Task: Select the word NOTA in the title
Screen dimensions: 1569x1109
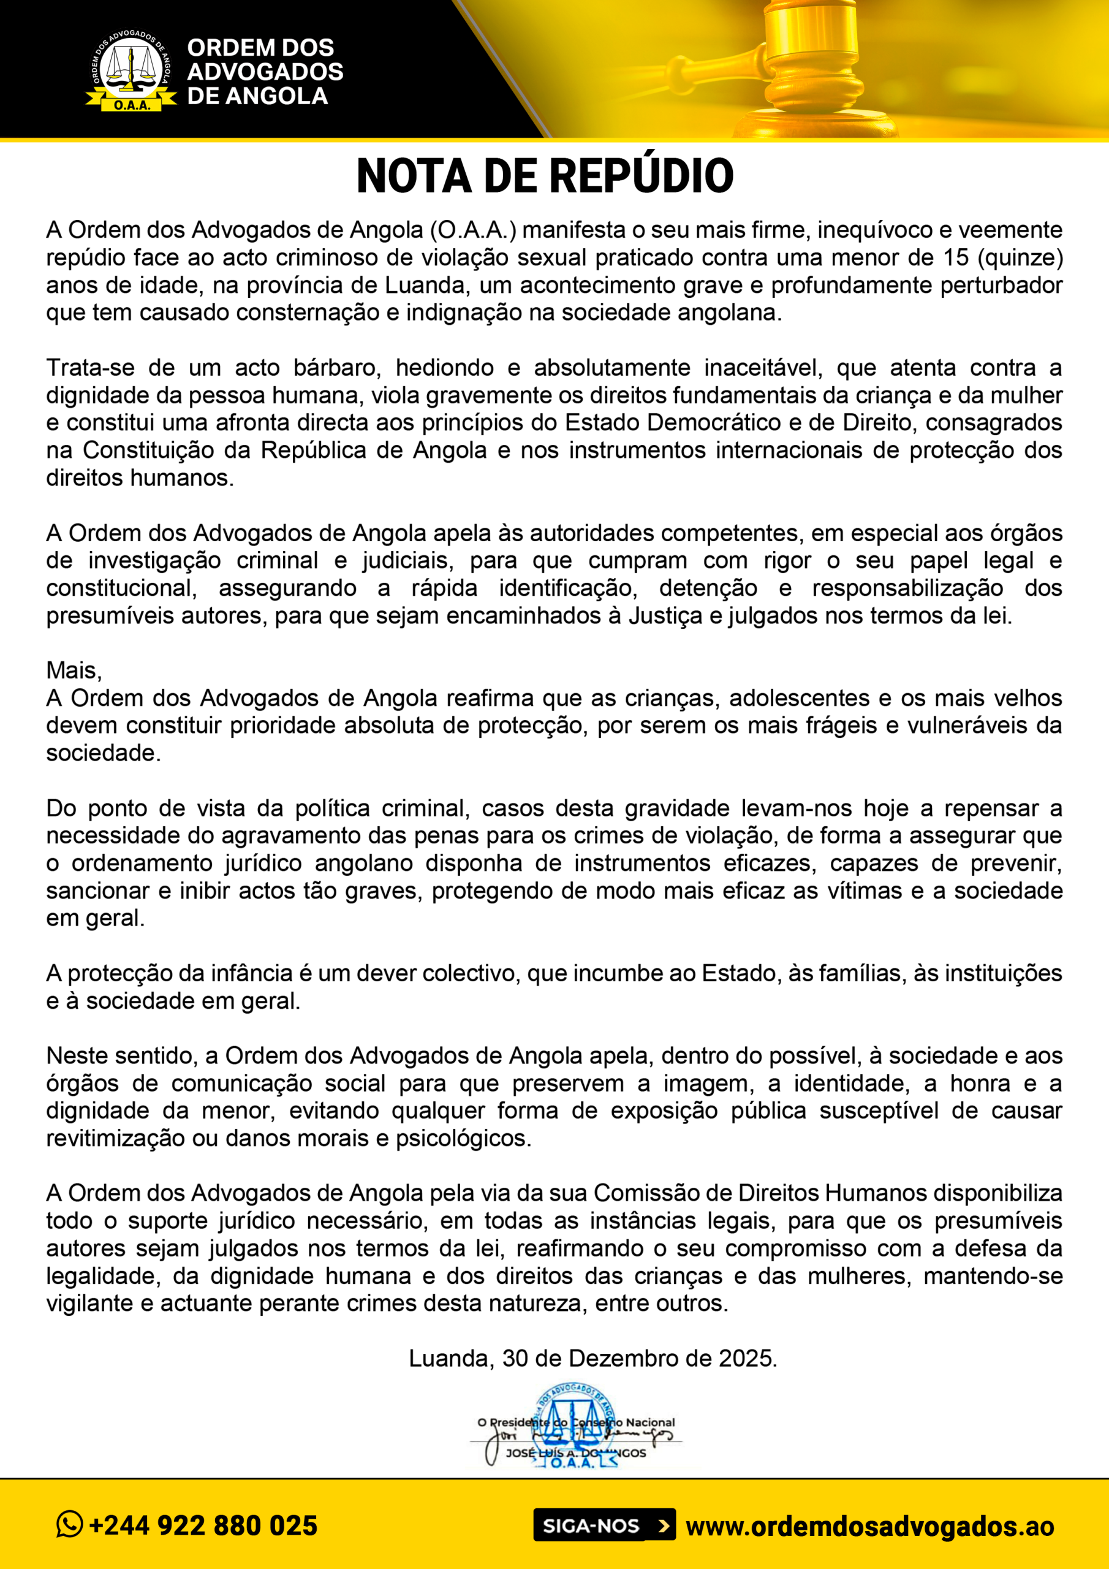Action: click(x=414, y=177)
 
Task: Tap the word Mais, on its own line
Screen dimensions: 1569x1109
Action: click(x=74, y=671)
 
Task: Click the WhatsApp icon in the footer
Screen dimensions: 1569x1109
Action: click(x=70, y=1525)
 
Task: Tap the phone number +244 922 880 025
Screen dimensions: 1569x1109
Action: click(x=203, y=1526)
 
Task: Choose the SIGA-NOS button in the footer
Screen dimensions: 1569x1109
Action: click(x=604, y=1525)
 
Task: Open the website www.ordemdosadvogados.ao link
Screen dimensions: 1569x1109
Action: click(x=869, y=1526)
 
